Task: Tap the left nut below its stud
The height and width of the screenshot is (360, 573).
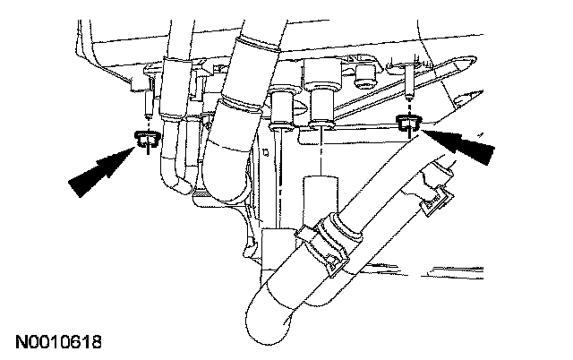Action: coord(146,137)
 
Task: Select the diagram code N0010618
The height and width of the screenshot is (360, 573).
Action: coord(59,342)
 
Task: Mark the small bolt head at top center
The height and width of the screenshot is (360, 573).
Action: coord(364,73)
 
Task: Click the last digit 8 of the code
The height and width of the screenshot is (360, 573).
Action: coord(98,342)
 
